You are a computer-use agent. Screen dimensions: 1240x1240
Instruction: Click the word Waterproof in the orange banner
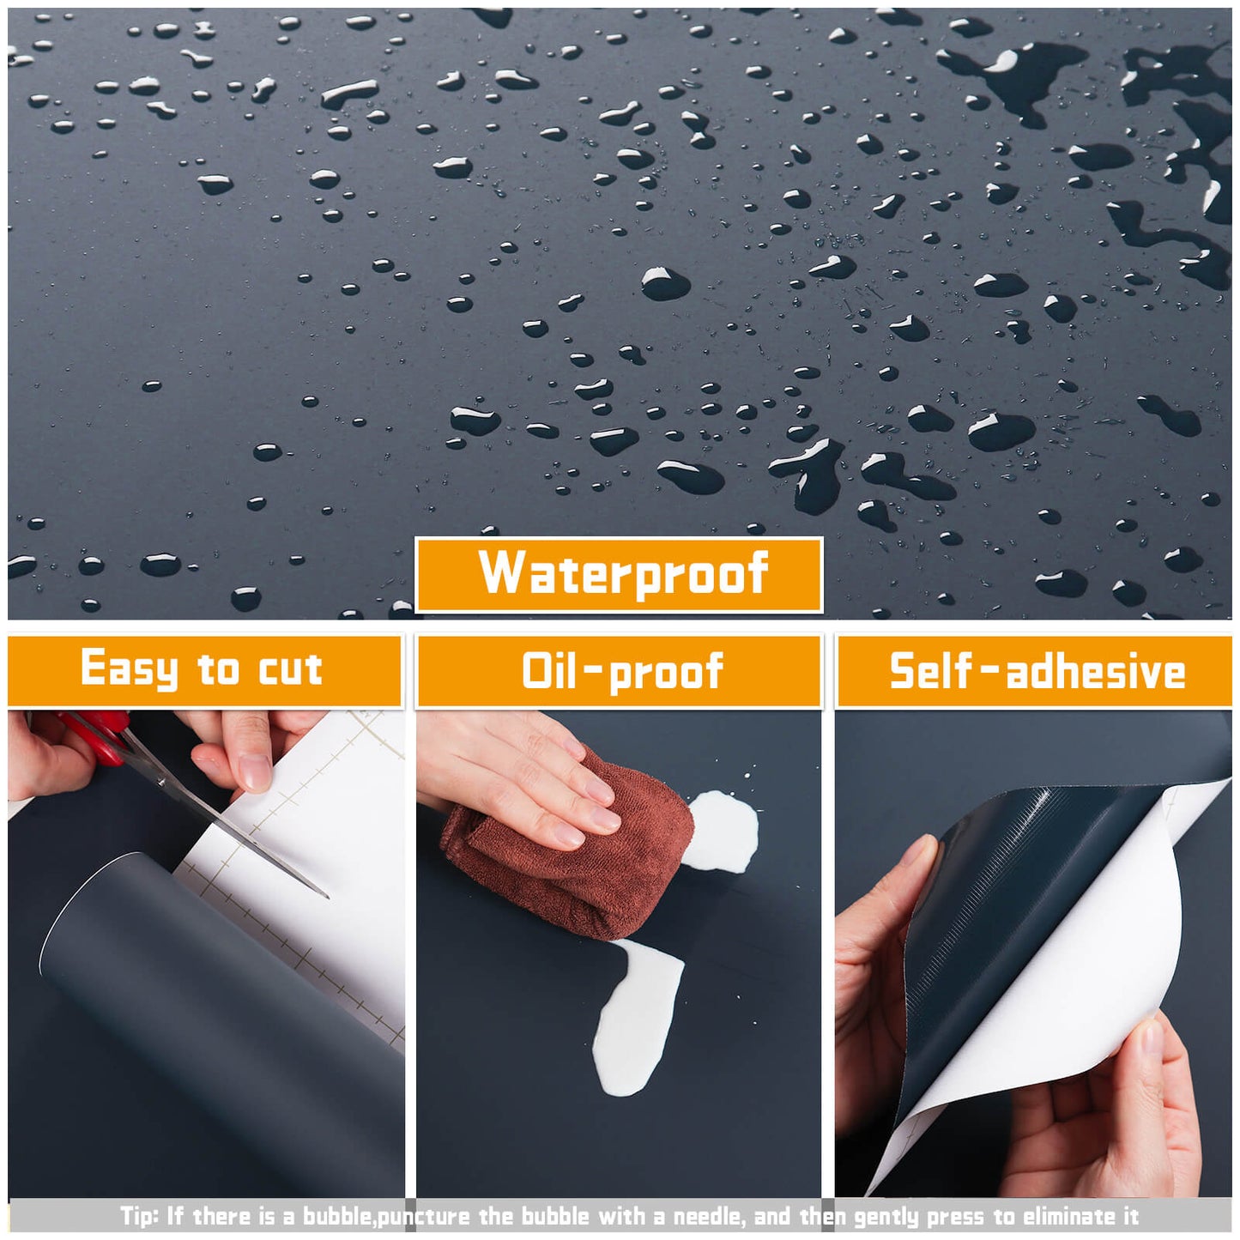623,573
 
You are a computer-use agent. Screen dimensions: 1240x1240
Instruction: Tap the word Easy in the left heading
129,669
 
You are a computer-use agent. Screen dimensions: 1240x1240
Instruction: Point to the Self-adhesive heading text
1037,671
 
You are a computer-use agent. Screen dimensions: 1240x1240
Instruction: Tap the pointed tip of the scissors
328,897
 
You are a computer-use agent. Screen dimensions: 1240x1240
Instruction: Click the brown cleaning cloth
566,850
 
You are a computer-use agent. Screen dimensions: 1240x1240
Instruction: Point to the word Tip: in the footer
139,1216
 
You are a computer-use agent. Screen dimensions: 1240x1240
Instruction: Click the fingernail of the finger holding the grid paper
256,771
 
